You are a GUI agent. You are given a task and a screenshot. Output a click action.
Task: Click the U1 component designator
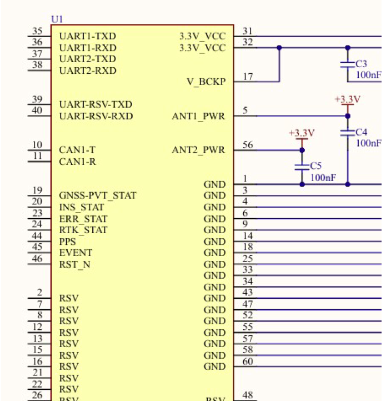[57, 19]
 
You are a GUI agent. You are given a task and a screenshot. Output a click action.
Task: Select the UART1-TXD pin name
[87, 36]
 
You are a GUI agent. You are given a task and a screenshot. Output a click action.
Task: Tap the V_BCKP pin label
[206, 82]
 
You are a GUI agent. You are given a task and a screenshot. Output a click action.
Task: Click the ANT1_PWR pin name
[198, 117]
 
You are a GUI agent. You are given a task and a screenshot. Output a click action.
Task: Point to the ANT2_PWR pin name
[198, 150]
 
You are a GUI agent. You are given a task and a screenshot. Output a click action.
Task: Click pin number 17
[248, 77]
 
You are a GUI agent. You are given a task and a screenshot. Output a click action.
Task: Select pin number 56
[248, 145]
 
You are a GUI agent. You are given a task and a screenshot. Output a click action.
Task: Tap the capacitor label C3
[361, 64]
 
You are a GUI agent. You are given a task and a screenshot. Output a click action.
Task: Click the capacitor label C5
[315, 166]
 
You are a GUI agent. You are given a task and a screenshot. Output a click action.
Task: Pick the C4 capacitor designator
[361, 133]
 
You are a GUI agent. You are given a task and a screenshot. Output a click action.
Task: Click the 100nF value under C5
[322, 177]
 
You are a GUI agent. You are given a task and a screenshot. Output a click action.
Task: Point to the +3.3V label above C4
[348, 99]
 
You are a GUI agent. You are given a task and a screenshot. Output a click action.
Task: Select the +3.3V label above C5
[302, 133]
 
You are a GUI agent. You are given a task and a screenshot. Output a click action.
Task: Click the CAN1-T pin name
[77, 150]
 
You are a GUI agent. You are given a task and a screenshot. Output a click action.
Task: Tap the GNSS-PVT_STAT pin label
[97, 195]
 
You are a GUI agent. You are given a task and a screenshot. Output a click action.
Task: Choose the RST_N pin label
[74, 264]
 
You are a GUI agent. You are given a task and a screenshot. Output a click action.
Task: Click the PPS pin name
[67, 242]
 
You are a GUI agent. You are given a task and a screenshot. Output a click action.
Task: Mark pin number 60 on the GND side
[248, 361]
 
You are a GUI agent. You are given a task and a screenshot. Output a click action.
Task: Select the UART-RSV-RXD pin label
[96, 117]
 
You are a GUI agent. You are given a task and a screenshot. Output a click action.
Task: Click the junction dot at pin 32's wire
[279, 48]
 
